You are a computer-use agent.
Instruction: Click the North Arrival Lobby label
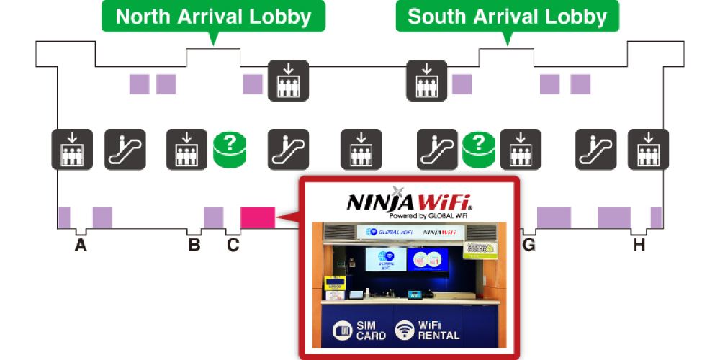coord(213,17)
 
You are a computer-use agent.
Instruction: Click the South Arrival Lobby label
coord(507,17)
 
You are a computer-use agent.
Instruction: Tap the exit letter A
coord(81,246)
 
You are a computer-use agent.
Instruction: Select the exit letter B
coord(194,246)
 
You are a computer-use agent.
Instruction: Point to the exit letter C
coord(233,246)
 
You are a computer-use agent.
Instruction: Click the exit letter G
coord(529,246)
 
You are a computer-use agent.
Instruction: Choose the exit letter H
coord(639,246)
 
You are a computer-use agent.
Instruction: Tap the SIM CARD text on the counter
coord(371,330)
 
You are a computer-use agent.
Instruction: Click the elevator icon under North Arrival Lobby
coord(288,79)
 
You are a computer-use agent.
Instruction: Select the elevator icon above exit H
coord(648,149)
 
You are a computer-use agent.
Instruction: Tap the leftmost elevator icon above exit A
coord(72,149)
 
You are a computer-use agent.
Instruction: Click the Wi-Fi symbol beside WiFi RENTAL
coord(405,330)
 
